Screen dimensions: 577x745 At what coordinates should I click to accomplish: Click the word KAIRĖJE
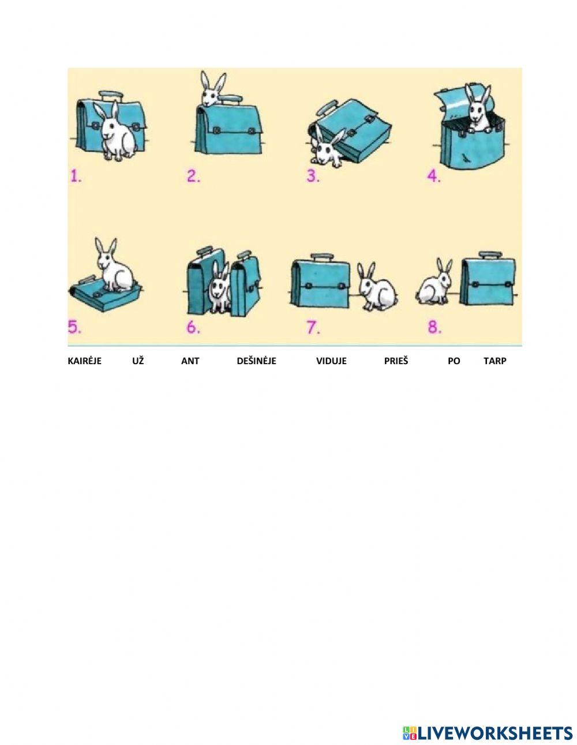point(85,361)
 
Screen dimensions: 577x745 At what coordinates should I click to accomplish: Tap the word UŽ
point(138,361)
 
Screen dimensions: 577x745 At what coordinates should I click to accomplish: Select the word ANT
point(190,361)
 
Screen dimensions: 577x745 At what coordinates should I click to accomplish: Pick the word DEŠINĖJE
point(256,361)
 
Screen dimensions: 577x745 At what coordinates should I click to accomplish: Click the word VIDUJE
point(331,361)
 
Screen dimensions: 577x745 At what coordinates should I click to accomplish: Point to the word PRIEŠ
point(396,361)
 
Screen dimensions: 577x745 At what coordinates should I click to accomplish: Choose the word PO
point(454,361)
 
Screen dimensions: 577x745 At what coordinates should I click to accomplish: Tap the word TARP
point(494,361)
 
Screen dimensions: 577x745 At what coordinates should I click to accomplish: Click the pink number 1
point(76,176)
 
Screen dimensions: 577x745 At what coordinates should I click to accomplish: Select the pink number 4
point(434,176)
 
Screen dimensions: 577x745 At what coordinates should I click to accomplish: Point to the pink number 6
point(193,327)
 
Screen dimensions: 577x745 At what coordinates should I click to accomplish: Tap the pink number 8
point(434,327)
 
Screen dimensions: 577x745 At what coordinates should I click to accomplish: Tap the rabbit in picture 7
point(376,287)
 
